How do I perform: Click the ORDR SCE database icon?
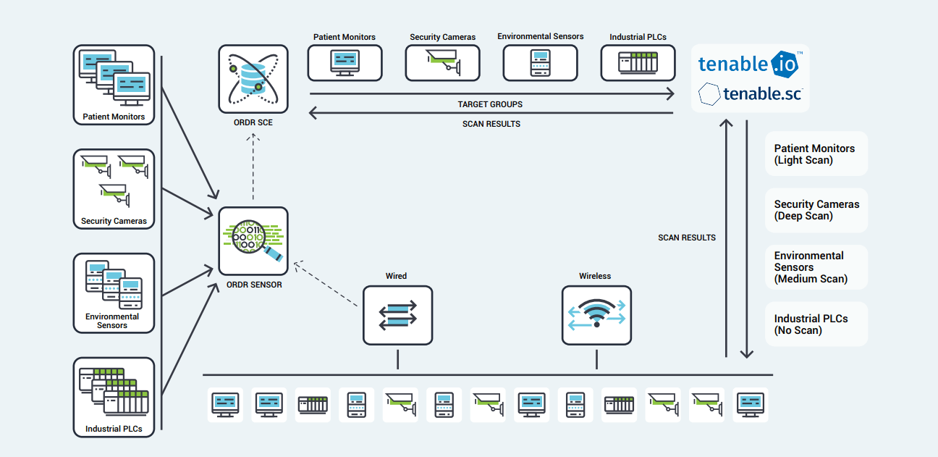coord(253,79)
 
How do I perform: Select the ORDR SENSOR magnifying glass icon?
coord(253,240)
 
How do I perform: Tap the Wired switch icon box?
coord(397,315)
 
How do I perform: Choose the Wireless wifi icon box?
coord(596,315)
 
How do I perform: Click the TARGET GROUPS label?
coord(490,104)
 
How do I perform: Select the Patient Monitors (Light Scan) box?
coord(816,154)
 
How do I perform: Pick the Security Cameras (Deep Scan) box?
coord(816,210)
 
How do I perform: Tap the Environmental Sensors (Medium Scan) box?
coord(816,267)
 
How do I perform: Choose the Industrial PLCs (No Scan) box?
coord(816,324)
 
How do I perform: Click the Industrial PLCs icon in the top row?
coord(638,63)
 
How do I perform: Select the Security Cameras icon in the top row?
coord(442,63)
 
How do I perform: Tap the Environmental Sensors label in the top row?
coord(540,36)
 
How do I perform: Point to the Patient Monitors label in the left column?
coord(114,117)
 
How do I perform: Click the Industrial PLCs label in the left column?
coord(114,429)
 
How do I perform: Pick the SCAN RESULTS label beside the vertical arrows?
coord(686,238)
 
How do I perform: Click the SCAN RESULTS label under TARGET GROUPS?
coord(491,124)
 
